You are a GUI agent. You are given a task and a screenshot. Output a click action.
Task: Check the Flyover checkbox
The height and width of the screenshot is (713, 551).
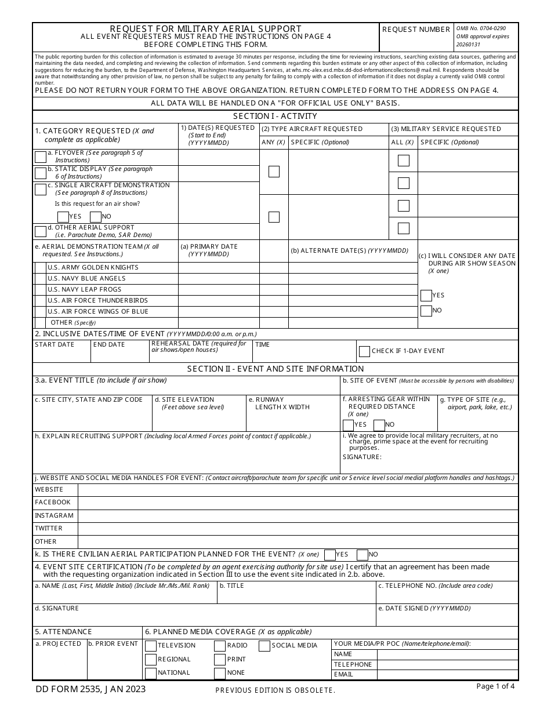[41, 157]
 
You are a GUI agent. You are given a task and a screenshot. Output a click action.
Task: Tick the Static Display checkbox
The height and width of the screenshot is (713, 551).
[41, 173]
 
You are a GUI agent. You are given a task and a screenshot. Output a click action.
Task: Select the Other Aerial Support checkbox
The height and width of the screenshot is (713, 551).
[41, 232]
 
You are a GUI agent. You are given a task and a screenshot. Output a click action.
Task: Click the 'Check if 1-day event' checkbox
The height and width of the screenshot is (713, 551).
[364, 351]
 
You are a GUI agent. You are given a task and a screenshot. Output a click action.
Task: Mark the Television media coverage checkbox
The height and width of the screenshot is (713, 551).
[151, 646]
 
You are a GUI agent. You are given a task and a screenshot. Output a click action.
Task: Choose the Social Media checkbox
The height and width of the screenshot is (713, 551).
[264, 646]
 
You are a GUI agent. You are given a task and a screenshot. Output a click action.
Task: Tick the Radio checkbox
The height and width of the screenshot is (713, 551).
[220, 646]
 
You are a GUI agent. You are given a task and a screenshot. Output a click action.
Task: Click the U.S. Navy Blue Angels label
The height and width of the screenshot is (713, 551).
[86, 279]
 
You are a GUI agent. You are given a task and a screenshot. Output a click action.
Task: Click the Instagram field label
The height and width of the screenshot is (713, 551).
[54, 516]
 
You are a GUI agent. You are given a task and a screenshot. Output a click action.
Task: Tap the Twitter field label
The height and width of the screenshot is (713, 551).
[49, 529]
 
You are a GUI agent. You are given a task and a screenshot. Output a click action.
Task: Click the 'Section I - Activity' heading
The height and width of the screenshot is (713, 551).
[275, 117]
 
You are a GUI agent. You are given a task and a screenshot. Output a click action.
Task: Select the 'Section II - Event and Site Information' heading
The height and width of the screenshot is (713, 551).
[275, 369]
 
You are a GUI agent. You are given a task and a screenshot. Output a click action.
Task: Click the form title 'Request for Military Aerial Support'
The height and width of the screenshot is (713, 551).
[206, 29]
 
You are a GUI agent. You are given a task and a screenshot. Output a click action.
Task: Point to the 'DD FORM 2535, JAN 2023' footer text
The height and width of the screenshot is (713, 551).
[90, 689]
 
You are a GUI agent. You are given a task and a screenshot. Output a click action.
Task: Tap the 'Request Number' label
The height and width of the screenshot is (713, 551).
[416, 30]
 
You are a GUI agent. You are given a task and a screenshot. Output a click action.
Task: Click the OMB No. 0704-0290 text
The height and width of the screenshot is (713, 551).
[481, 28]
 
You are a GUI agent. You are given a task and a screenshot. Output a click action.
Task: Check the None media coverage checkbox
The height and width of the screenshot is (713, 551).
[220, 674]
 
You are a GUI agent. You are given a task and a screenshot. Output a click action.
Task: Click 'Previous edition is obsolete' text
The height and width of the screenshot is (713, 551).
[275, 690]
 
